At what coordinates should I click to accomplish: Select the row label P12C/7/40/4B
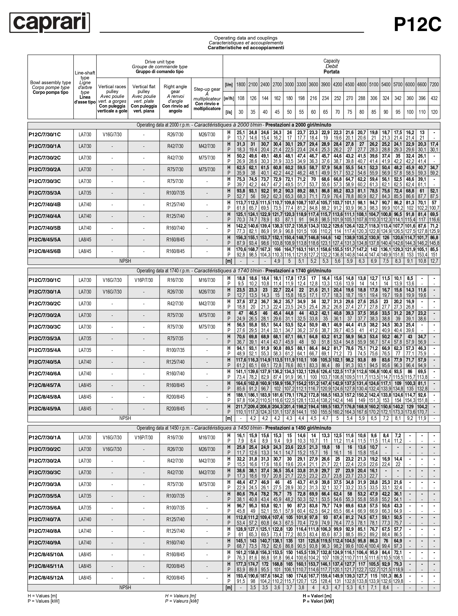(45, 205)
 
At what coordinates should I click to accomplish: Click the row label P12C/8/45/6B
(45, 251)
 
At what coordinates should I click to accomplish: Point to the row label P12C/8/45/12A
(46, 578)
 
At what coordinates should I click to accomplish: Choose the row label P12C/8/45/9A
(45, 409)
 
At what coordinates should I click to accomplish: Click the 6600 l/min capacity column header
(422, 85)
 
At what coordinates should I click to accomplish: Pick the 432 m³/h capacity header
(434, 98)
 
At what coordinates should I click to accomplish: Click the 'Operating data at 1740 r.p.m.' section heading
(234, 271)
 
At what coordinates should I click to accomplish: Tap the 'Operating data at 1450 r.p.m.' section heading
(234, 428)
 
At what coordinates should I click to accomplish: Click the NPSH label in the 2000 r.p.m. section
(125, 261)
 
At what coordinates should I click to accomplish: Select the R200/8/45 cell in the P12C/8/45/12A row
(175, 578)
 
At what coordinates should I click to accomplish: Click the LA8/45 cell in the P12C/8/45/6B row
(85, 251)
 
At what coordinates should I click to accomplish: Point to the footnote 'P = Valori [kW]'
(318, 601)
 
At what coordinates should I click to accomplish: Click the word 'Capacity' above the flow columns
(331, 61)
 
